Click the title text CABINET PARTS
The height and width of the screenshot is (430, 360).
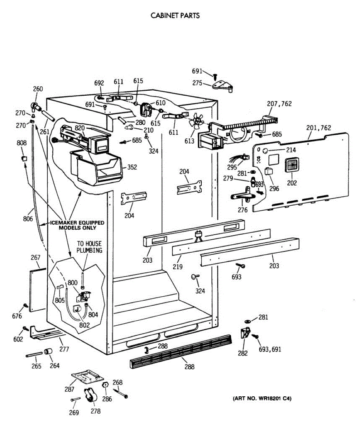(175, 16)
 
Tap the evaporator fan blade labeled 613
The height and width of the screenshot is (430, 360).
(196, 121)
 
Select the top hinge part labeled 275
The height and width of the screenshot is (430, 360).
(223, 86)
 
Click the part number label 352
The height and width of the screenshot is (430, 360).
(132, 167)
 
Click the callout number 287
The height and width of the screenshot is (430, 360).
(69, 389)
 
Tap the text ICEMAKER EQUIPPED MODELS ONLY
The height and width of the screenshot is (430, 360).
(77, 225)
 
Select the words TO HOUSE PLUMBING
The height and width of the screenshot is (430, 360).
(89, 247)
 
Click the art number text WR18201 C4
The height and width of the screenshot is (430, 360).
(262, 398)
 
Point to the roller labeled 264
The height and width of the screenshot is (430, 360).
(48, 352)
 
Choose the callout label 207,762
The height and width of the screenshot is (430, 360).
(279, 104)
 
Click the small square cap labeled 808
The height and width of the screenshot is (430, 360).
(24, 158)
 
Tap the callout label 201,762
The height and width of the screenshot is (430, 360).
(319, 128)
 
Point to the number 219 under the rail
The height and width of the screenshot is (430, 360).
(177, 267)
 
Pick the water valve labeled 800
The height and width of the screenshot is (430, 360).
(85, 297)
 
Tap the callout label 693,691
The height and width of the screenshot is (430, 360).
(270, 349)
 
